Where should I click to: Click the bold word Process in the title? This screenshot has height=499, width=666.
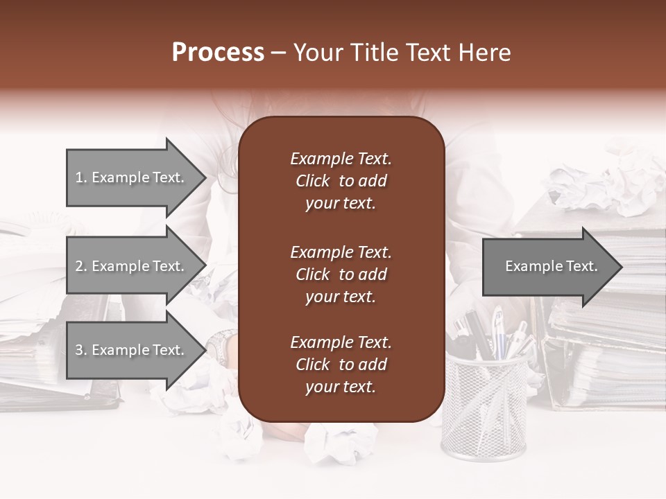coord(218,53)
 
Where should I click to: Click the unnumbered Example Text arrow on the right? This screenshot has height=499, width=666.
coord(548,267)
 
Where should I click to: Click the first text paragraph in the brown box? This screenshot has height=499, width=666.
coord(341,181)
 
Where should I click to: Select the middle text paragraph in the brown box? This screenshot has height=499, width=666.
coord(341,274)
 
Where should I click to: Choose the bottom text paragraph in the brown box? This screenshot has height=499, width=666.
coord(341,365)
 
